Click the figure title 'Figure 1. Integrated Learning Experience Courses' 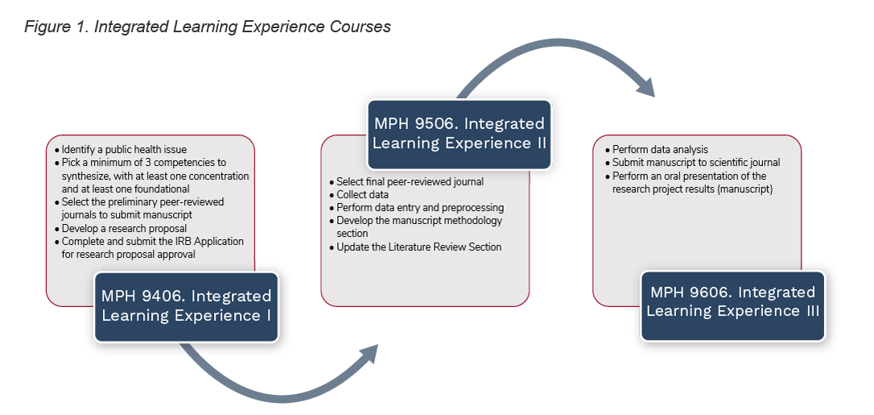(x=208, y=27)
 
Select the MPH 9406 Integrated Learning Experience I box (x=186, y=305)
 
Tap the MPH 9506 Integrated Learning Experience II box (x=459, y=134)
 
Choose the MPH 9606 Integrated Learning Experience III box (x=732, y=301)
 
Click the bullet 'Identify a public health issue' (x=124, y=150)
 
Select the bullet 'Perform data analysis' (x=660, y=150)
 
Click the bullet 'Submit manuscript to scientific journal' (x=695, y=163)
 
